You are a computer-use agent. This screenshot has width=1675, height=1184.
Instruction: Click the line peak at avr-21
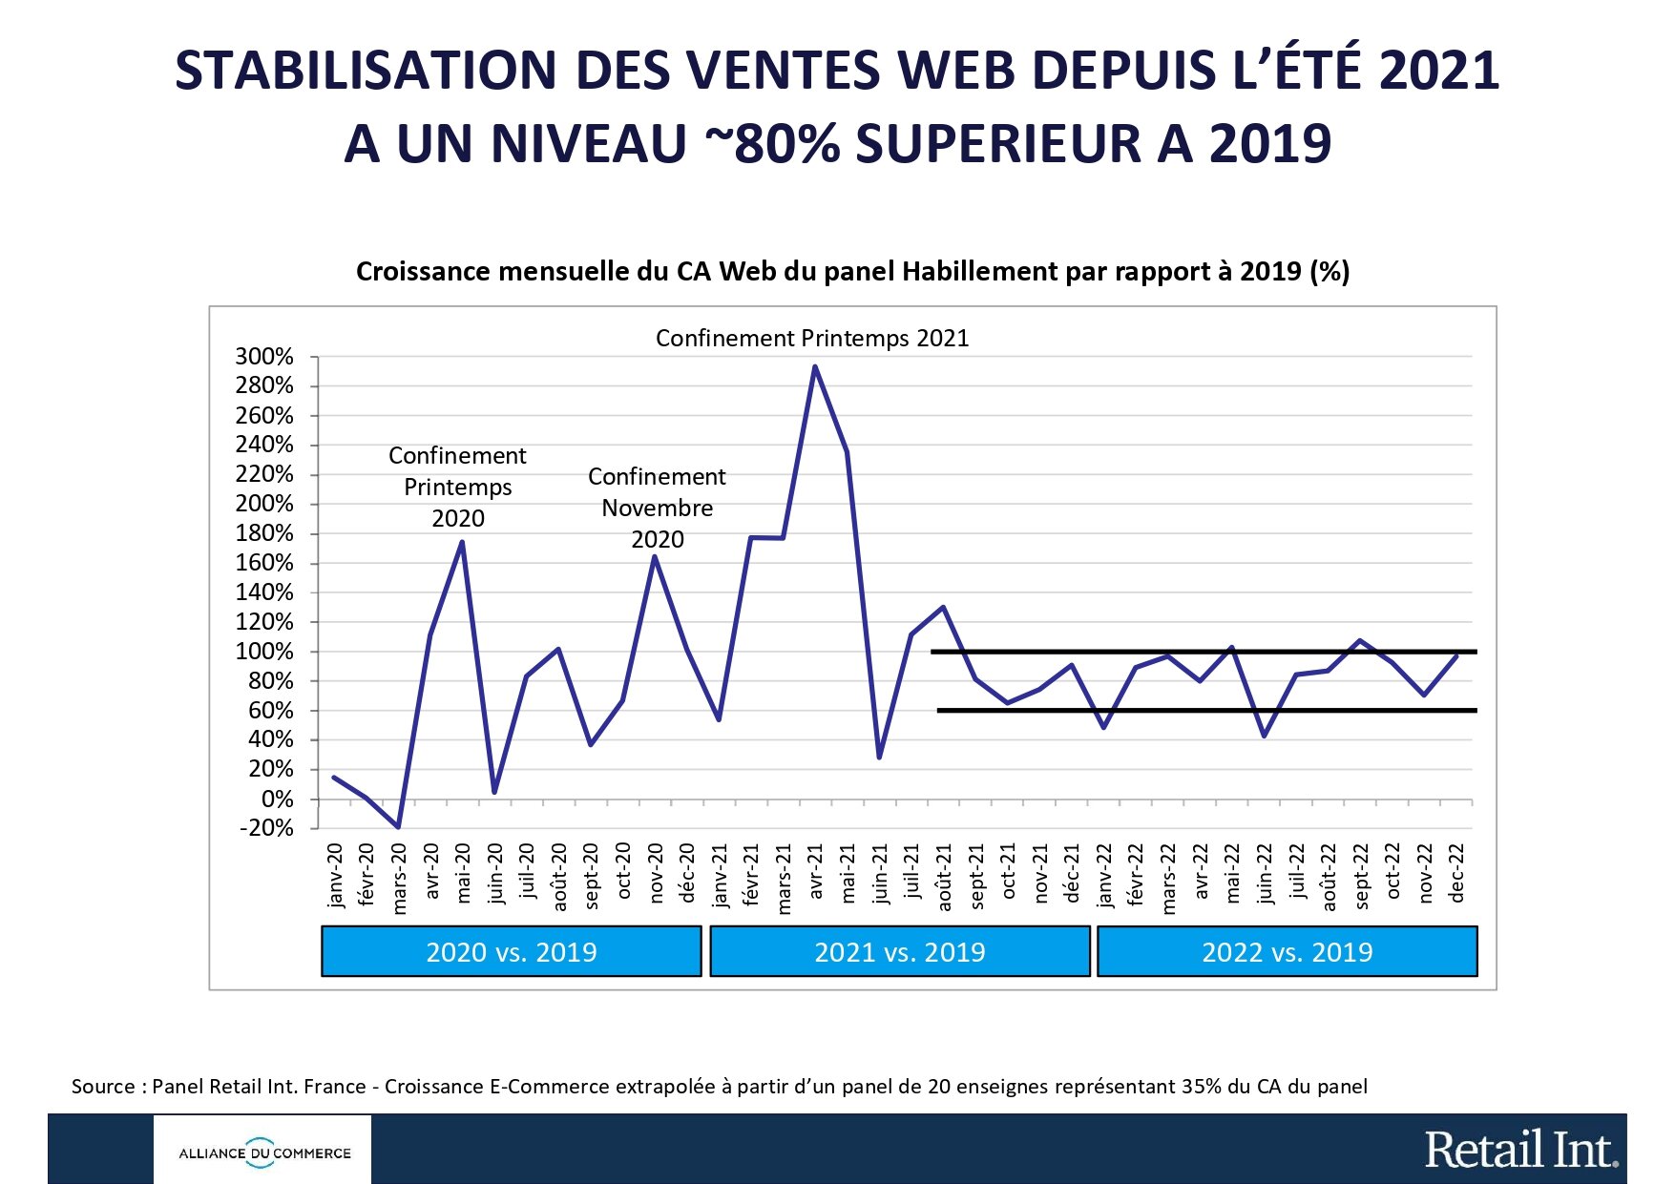(x=814, y=366)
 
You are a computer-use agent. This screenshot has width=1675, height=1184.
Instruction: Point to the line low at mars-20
(x=398, y=826)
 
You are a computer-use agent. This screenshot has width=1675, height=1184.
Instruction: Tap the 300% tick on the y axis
(x=264, y=357)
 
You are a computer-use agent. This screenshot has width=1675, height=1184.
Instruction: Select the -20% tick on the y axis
(x=266, y=827)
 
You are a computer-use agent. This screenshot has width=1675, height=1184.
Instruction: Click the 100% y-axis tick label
(x=264, y=652)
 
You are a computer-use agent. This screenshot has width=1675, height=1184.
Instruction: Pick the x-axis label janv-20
(x=335, y=875)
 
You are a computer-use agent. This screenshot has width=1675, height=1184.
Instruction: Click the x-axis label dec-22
(x=1457, y=873)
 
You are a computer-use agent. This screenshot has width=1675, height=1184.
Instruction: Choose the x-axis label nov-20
(x=656, y=873)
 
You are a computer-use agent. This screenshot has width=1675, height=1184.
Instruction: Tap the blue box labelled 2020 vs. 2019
(x=512, y=951)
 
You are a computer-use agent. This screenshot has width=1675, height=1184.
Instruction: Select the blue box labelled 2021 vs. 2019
(x=900, y=951)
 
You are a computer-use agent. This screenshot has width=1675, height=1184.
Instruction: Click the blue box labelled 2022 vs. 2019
(x=1288, y=951)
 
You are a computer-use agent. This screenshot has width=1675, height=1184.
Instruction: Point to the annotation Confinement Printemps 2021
(x=812, y=338)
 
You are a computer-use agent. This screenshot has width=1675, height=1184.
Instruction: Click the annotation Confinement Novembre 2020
(x=657, y=508)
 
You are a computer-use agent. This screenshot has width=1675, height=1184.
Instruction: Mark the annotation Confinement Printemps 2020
(x=458, y=487)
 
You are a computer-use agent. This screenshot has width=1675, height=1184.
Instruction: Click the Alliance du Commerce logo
(x=263, y=1153)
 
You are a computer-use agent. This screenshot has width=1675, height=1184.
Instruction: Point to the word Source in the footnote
(x=103, y=1086)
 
